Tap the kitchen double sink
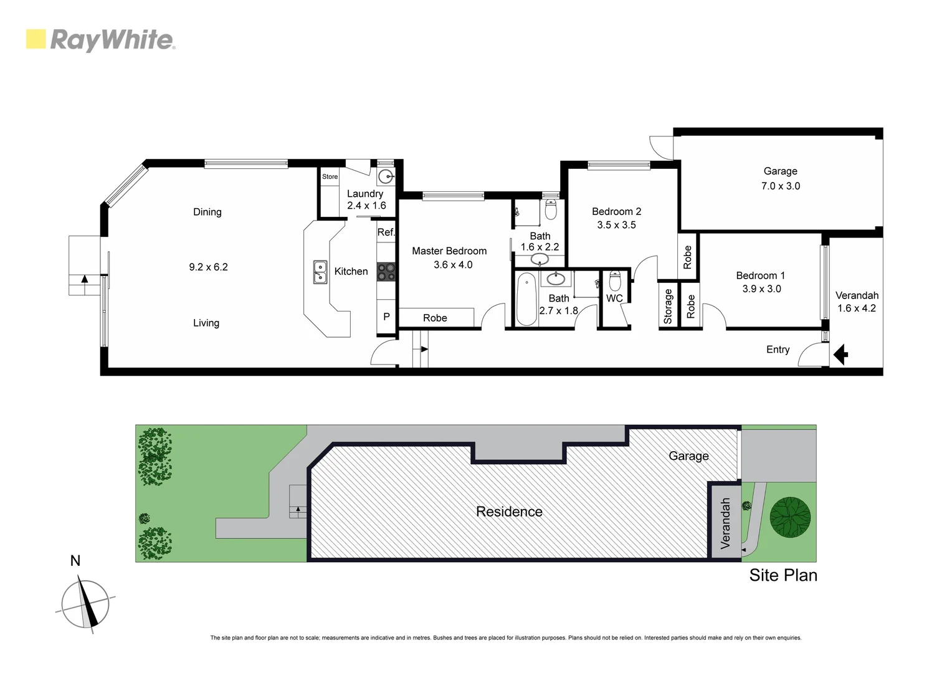tap(320, 272)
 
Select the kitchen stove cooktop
tap(386, 272)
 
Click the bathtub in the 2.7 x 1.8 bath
tap(526, 299)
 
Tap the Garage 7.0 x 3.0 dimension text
tap(780, 186)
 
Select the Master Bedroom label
tap(449, 251)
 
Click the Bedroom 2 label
tap(616, 211)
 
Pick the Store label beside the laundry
tap(330, 176)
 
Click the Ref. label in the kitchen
tap(386, 232)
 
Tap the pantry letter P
tap(386, 317)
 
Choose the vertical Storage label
tap(668, 306)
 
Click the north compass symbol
tap(85, 604)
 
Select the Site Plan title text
tap(783, 575)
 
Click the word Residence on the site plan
tap(509, 512)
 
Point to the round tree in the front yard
tap(790, 517)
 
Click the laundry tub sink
tap(386, 176)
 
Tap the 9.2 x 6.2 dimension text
tap(208, 267)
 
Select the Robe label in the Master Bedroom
tap(435, 318)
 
